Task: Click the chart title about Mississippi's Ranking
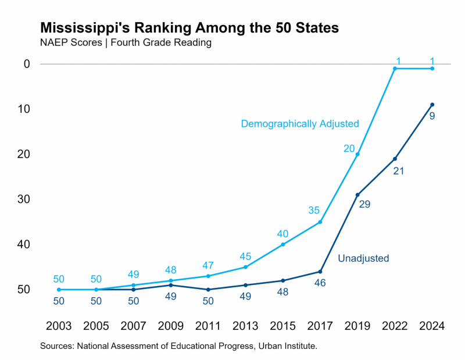point(189,28)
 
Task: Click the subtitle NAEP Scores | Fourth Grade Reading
point(125,42)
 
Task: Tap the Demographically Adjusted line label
point(300,124)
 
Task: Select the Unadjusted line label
point(363,258)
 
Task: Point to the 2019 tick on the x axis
point(357,326)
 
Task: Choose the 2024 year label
point(432,326)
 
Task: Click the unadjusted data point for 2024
point(432,105)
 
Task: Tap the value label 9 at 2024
point(432,116)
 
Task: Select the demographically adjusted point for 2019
point(357,154)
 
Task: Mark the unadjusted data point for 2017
point(320,272)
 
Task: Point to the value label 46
point(320,283)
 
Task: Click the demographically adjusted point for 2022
point(395,69)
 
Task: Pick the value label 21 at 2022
point(398,171)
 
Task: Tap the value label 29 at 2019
point(364,204)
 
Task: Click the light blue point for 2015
point(283,244)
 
